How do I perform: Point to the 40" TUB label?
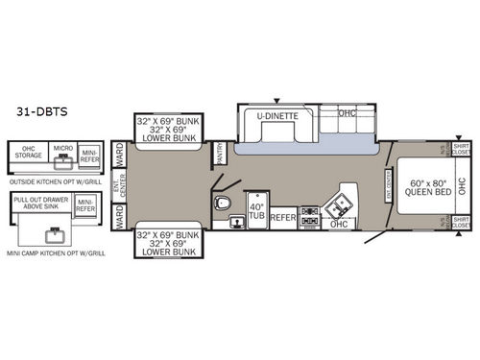(254, 213)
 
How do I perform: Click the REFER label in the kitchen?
(282, 218)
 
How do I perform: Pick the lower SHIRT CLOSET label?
(461, 224)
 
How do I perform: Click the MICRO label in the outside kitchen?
(62, 149)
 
